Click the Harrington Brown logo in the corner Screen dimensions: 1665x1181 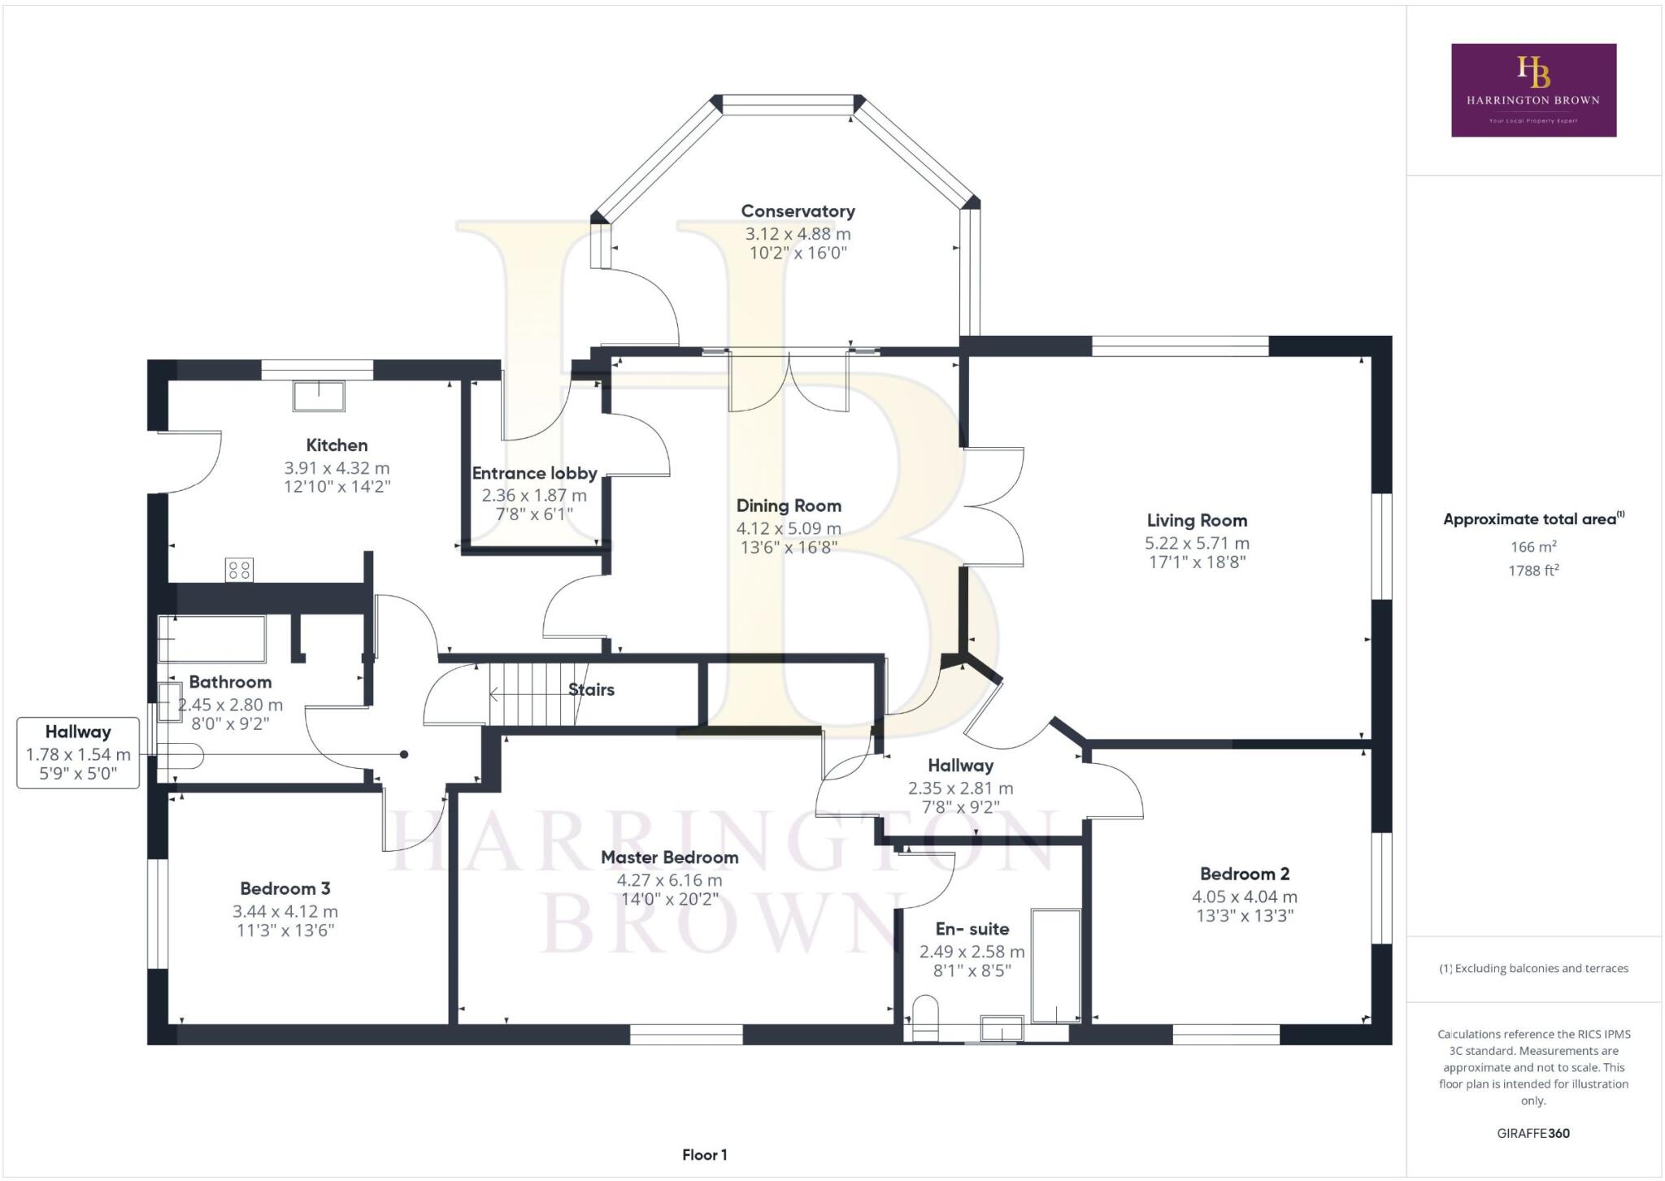1533,89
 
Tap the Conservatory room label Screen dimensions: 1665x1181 798,211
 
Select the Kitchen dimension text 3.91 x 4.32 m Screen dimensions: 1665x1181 337,468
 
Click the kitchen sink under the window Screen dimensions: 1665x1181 318,396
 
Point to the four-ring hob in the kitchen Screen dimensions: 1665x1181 240,570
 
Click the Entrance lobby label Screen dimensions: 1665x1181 534,473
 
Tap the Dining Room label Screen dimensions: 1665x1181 789,506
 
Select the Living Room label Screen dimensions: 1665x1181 1197,520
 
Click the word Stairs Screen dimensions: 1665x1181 591,689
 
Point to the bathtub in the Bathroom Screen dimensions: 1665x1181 211,639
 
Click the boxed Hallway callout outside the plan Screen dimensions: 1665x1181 78,753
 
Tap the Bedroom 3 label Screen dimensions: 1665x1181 285,888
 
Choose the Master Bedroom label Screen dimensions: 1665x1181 669,857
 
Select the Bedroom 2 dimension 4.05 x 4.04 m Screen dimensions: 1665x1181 1245,897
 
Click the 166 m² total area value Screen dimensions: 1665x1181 1533,546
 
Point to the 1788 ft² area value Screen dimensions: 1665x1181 1533,570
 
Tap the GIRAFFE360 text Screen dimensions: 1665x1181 1533,1133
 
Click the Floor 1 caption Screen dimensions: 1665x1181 704,1154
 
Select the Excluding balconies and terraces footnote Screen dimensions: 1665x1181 1533,968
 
